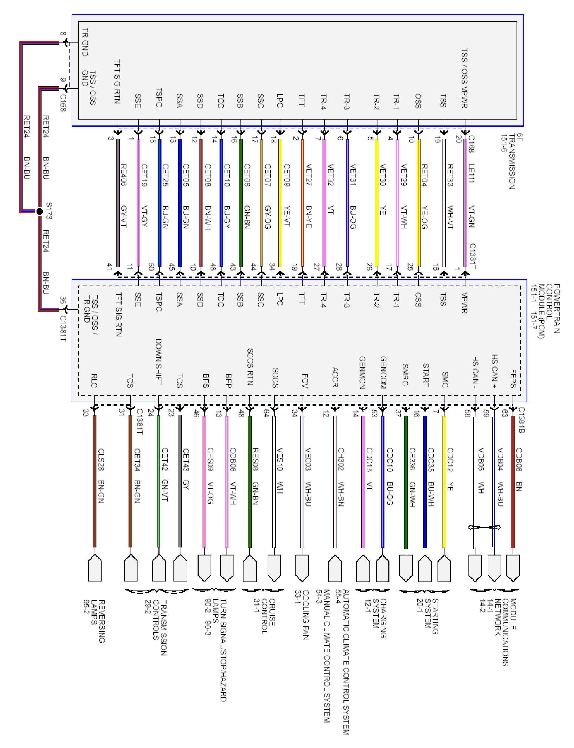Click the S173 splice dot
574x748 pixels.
coord(40,211)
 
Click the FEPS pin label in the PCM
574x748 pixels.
coord(513,378)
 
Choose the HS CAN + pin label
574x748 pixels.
coord(494,371)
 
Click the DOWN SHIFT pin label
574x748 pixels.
coord(158,362)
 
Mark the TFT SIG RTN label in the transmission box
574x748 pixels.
coord(117,82)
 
